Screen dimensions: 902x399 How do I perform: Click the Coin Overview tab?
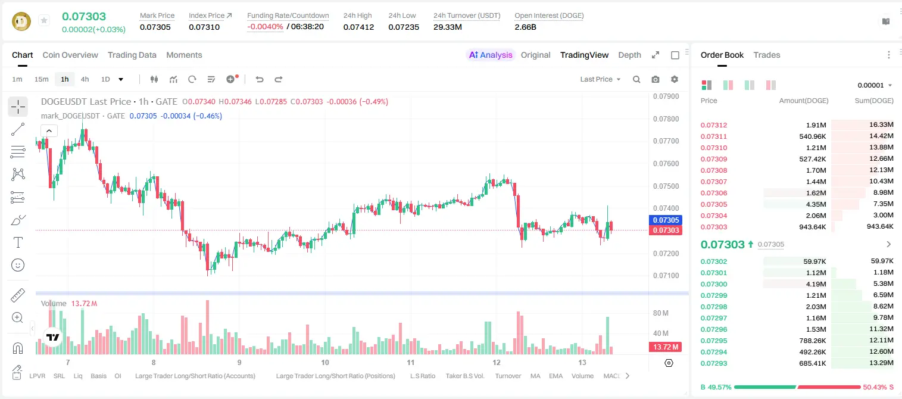tap(70, 55)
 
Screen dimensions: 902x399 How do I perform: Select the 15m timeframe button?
tap(42, 79)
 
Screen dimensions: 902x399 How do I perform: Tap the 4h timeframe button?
tap(85, 79)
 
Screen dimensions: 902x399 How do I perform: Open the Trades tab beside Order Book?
tap(767, 55)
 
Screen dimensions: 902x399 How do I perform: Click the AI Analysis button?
tap(491, 55)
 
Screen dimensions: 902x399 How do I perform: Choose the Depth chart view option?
tap(629, 55)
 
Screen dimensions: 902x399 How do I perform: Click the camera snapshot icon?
tap(656, 79)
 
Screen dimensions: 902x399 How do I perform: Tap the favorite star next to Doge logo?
tap(44, 20)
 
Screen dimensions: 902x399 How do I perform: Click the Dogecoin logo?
tap(21, 21)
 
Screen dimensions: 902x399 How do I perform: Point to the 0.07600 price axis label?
tap(666, 163)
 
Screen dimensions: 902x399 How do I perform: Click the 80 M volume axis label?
tap(660, 313)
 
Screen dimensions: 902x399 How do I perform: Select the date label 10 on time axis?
tap(325, 362)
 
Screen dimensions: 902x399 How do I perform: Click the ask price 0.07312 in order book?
tap(714, 125)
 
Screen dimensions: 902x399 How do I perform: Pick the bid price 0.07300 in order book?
tap(714, 284)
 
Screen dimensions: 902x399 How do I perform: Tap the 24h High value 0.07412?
tap(358, 27)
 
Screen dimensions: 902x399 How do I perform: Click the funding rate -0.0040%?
tap(265, 27)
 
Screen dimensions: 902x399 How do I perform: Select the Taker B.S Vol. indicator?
tap(464, 376)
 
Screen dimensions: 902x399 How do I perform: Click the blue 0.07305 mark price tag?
tap(666, 220)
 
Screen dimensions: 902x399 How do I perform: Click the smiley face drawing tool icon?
tap(18, 265)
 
